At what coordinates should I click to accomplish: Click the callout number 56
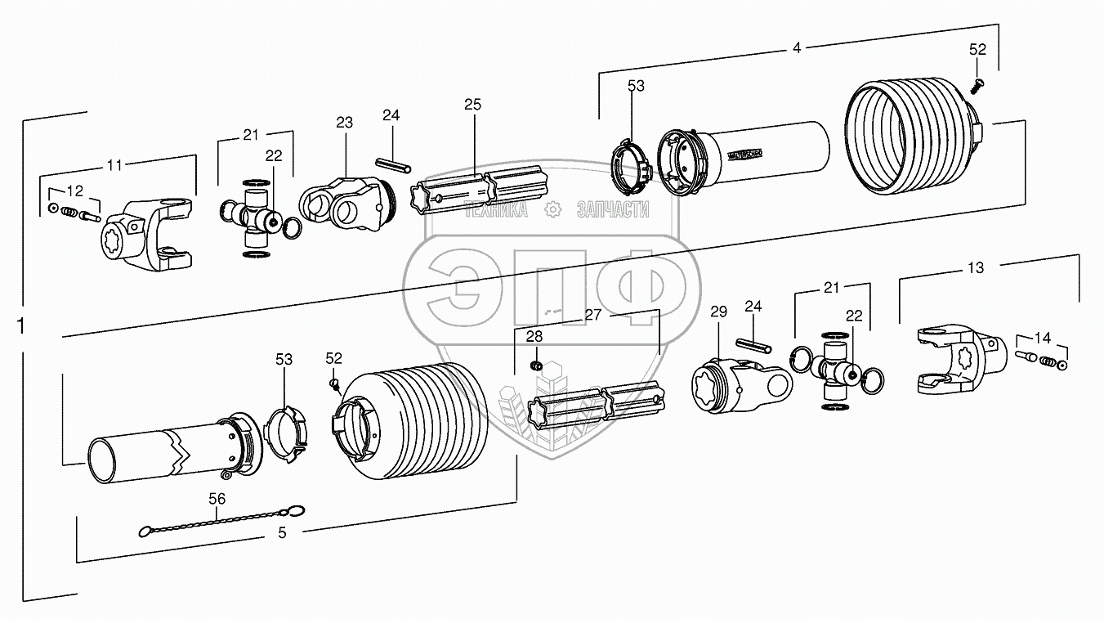pos(217,498)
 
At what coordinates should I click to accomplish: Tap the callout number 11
pos(114,164)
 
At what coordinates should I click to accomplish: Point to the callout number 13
pos(976,267)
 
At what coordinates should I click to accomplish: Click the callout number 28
pos(534,337)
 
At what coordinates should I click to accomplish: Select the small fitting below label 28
pos(535,364)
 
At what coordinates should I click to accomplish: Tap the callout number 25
pos(472,104)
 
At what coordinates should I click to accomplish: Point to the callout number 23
pos(344,123)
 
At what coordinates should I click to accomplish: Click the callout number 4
pos(797,47)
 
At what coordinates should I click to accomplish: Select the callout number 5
pos(282,532)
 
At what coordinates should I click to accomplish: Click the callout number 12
pos(74,191)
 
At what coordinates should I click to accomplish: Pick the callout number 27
pos(594,314)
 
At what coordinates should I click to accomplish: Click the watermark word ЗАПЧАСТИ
pos(612,210)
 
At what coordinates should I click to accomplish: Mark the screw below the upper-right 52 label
pos(978,82)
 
